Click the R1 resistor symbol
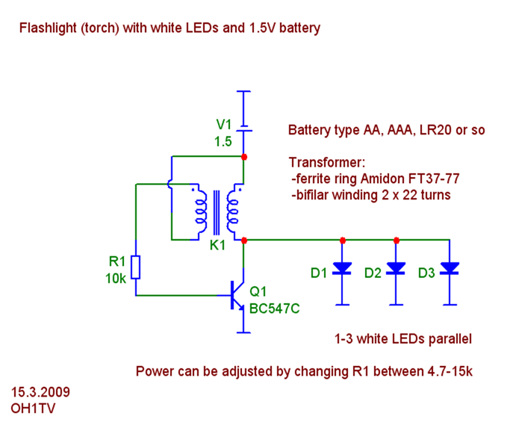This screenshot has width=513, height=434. coord(136,267)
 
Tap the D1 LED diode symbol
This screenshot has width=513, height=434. coord(343,268)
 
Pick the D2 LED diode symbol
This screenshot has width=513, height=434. coord(397,268)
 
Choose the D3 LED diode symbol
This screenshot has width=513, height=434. coord(450,268)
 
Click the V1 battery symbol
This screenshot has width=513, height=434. coord(244,127)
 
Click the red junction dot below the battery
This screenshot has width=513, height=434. coord(244,157)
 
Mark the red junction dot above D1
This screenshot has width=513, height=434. coord(343,240)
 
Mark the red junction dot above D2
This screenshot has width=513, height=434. coord(397,240)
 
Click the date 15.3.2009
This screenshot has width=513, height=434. coord(41,392)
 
